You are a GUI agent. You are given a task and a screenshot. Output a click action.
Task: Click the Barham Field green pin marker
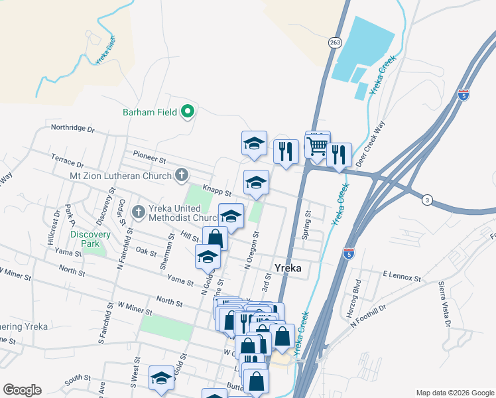coord(188,111)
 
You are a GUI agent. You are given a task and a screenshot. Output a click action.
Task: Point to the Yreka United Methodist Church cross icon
coord(138,212)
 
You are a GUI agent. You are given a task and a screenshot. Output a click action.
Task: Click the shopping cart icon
coord(318,147)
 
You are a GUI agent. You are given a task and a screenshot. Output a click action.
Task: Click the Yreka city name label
coord(288,268)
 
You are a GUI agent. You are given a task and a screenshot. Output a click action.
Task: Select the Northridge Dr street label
coord(73,129)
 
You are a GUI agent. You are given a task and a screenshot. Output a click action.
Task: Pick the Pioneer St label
coord(148,159)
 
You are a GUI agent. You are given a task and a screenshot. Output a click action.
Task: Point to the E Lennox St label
coord(402,275)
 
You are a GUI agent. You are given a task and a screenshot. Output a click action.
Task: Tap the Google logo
coord(22,390)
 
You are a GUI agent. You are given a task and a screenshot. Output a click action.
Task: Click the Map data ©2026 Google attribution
coord(454,393)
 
